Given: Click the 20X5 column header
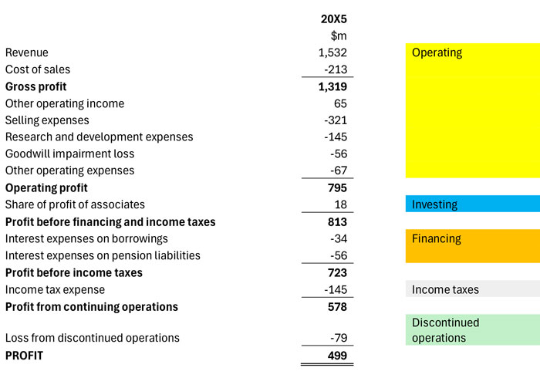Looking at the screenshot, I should point(333,19).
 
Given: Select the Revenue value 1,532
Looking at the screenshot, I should point(332,52).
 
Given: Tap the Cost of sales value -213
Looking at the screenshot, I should point(336,69).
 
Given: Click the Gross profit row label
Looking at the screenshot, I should point(35,86).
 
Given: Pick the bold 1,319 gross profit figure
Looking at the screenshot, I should point(332,86).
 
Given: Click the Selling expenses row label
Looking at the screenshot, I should point(47,120).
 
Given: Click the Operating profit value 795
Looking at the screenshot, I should point(336,187).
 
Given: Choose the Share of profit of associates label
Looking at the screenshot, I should point(75,204).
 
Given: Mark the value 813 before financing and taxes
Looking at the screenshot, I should point(336,221).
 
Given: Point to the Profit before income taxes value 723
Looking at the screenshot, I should point(336,272).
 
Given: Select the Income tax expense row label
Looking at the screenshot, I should point(55,289).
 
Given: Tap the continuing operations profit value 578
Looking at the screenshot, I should point(336,306).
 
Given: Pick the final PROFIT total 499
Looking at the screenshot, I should point(336,355).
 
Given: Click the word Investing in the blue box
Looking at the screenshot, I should point(434,204).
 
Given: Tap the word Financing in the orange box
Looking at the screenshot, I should point(437,238).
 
